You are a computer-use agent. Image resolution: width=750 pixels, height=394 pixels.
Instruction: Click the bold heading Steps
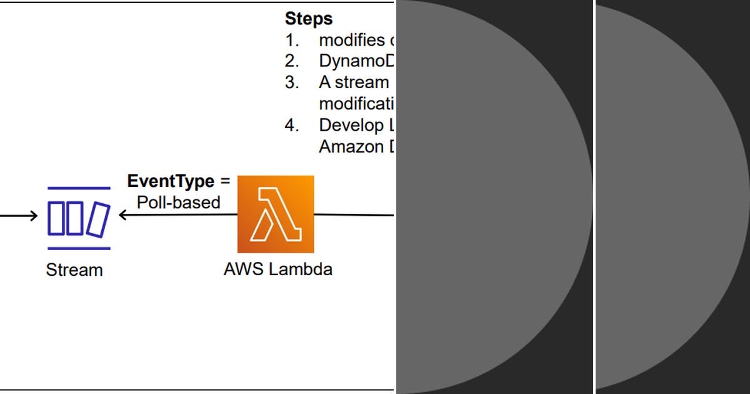tap(309, 18)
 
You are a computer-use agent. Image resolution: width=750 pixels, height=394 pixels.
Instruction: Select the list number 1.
tap(291, 40)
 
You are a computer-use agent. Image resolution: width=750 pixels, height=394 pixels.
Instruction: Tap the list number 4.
tap(292, 125)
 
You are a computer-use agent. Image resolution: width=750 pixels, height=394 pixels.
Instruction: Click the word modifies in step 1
tap(351, 40)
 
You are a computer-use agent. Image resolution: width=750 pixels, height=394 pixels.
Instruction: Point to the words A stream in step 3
tap(354, 83)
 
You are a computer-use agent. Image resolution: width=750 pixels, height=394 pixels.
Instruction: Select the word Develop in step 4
tap(351, 125)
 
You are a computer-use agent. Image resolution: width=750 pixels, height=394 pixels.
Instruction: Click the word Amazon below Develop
tap(351, 147)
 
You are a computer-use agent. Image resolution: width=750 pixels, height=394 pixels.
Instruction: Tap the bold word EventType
tap(171, 182)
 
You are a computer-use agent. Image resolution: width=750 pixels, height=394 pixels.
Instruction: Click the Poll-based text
tap(179, 203)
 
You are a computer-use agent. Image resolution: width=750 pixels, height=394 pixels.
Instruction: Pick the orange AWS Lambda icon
tap(276, 214)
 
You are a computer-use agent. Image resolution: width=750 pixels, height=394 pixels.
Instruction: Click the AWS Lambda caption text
tap(277, 270)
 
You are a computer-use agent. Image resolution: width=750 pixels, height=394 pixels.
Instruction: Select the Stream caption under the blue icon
tap(74, 270)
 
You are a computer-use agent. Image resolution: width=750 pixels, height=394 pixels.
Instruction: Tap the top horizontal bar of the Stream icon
tap(79, 188)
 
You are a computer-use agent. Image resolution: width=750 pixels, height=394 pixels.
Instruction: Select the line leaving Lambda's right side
tap(353, 215)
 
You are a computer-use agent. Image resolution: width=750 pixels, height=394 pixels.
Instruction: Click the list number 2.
tap(292, 61)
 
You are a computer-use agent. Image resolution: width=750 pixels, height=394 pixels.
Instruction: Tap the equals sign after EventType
tap(224, 182)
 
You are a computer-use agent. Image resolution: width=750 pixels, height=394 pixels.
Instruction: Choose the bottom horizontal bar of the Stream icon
tap(79, 248)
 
